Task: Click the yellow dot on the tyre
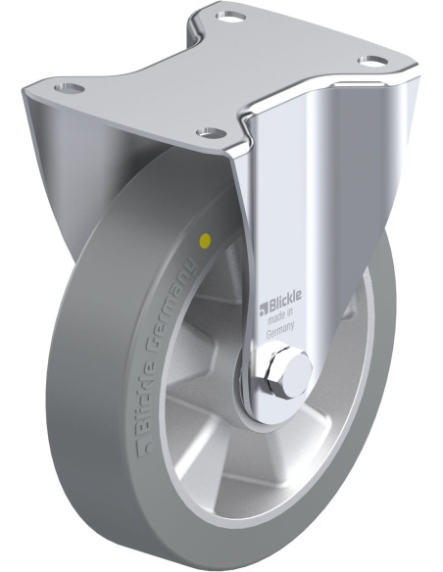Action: [x=206, y=241]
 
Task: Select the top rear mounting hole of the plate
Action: [x=230, y=17]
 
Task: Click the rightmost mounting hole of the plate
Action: [x=373, y=61]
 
